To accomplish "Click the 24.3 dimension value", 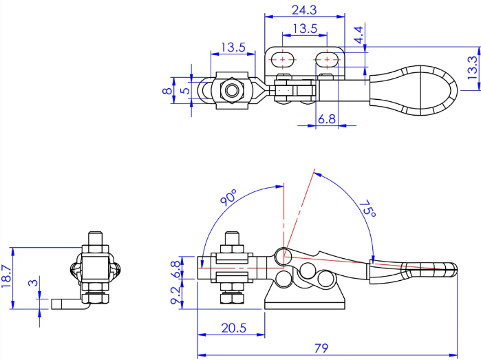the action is pos(304,10).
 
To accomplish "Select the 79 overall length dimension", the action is pos(321,348).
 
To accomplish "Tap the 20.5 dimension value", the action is pos(234,328).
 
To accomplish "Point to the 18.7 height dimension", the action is pos(7,276).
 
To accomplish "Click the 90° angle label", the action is pos(229,198).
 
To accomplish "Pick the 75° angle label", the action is pos(368,209).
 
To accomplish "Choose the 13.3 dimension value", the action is pos(473,68).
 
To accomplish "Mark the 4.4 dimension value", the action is pos(358,34).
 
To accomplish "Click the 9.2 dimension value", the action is pos(175,295).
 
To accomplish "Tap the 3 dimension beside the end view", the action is pos(33,282).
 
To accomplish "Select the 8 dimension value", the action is pos(167,91).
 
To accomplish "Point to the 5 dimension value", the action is pos(185,91).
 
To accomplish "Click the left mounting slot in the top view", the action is pos(283,59).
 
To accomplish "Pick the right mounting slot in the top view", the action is pos(327,59).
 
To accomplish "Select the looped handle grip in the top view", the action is pos(414,90).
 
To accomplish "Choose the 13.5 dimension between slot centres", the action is pos(305,28).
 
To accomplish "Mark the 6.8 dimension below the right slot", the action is pos(327,119).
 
